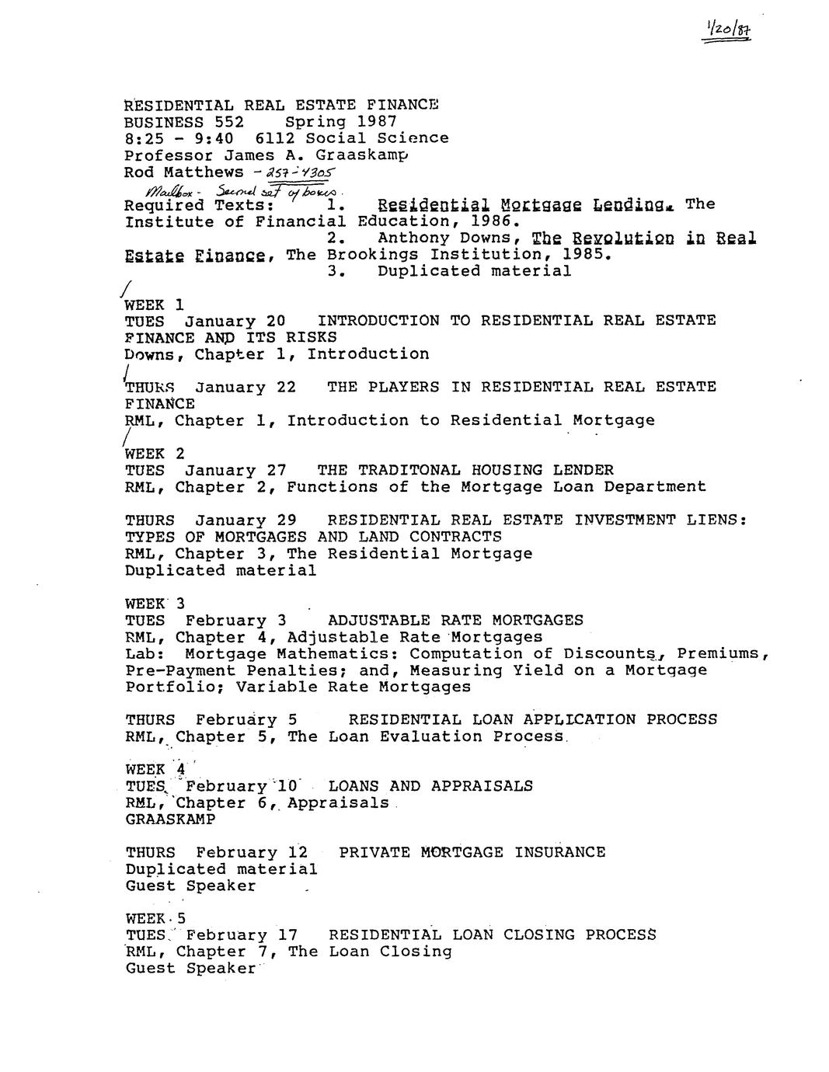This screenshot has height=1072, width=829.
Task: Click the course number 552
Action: [x=229, y=122]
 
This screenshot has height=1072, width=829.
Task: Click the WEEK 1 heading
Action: [x=154, y=305]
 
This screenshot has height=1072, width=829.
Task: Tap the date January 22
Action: [x=245, y=387]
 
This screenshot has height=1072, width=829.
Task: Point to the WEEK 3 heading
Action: [x=155, y=604]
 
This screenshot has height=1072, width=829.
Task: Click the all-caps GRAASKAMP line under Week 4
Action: [x=170, y=820]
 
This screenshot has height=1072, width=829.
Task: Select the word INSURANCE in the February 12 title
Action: [x=559, y=852]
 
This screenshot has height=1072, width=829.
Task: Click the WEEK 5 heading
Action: [x=155, y=918]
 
